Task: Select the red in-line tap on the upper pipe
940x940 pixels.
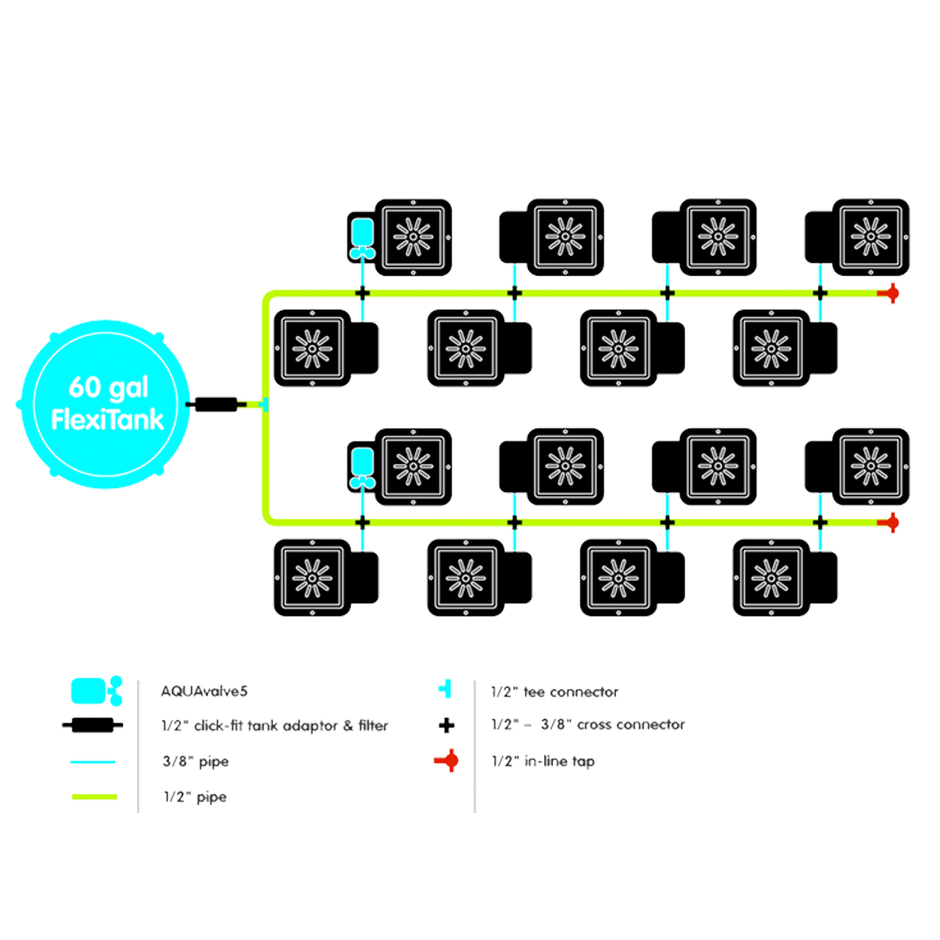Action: [891, 293]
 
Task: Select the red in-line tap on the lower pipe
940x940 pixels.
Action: [891, 522]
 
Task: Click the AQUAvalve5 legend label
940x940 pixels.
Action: [204, 692]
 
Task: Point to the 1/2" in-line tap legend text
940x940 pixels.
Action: [543, 761]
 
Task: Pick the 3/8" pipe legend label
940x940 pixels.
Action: [196, 761]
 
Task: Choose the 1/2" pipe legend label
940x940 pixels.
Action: [194, 797]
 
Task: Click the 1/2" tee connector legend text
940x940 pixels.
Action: [555, 692]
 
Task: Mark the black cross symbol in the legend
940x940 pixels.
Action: [446, 725]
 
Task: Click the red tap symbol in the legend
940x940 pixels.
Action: [450, 760]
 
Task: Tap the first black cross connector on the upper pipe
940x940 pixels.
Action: [362, 293]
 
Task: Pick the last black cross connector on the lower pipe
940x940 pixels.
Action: [820, 522]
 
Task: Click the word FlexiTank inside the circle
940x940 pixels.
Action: [107, 420]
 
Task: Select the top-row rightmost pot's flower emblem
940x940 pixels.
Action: [869, 234]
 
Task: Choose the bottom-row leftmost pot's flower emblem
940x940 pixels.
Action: [312, 577]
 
